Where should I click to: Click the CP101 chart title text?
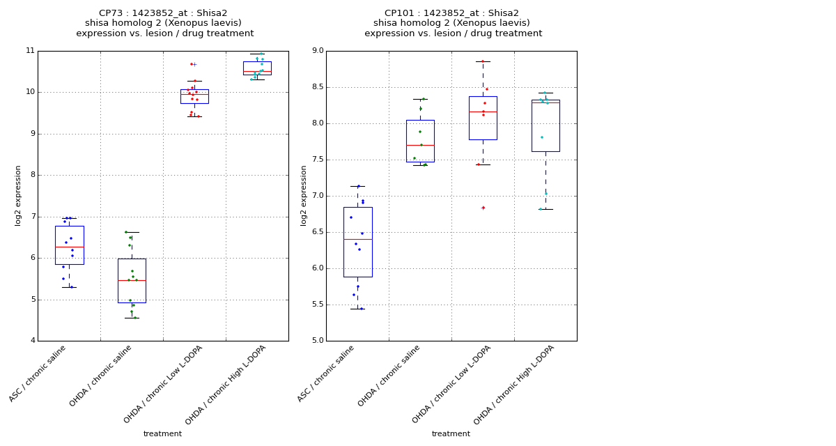[x=453, y=23]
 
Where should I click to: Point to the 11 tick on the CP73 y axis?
[x=30, y=51]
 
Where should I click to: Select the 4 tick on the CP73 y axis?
[x=32, y=341]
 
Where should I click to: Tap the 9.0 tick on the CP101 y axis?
[x=317, y=51]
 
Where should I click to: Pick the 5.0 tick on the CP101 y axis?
[x=317, y=341]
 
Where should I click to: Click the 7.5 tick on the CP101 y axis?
[x=317, y=160]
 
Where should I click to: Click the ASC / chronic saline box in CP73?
[x=69, y=245]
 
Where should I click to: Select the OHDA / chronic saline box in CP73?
[x=132, y=280]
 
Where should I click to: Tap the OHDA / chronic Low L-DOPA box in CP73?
[x=194, y=96]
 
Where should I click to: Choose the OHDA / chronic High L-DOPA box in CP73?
[x=257, y=68]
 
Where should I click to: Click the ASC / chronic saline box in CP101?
[x=357, y=242]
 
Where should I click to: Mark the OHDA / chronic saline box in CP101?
[x=420, y=141]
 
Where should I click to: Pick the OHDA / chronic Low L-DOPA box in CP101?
[x=483, y=118]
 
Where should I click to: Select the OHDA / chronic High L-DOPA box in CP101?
[x=545, y=125]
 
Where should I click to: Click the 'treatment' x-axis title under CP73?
[x=162, y=434]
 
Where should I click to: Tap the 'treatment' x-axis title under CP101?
[x=451, y=434]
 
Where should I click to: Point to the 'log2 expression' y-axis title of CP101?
[x=304, y=195]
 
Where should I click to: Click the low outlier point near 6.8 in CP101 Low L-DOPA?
[x=483, y=208]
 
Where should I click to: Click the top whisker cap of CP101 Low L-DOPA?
[x=483, y=61]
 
